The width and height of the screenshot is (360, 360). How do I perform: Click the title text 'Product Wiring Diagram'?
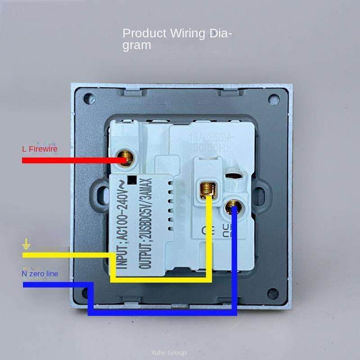point(177,39)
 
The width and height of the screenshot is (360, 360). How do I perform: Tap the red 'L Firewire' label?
point(40,149)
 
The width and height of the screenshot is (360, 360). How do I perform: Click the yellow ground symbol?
point(27,245)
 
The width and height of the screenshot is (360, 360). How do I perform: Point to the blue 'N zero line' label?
point(40,273)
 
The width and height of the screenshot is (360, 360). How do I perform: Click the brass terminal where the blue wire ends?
point(233,208)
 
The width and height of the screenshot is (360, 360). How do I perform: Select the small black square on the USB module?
point(132,180)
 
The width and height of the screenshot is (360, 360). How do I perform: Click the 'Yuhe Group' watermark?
point(169,353)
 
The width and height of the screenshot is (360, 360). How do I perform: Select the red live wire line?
point(72,160)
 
